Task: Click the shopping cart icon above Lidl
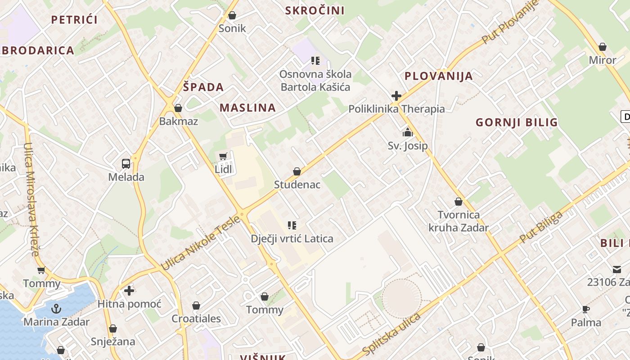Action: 223,157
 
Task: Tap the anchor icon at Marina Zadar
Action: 56,309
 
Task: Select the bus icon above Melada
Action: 126,164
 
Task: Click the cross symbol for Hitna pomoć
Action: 129,291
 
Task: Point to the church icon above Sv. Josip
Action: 408,132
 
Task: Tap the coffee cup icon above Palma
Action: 586,309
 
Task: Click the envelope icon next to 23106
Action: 616,270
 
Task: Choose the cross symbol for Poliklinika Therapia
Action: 396,96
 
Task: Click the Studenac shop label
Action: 297,184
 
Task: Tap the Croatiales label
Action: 196,319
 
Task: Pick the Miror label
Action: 603,60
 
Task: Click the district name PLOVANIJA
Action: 439,76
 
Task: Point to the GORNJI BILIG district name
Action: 517,122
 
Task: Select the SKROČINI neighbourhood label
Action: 315,10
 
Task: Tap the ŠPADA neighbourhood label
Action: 203,87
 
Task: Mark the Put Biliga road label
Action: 541,227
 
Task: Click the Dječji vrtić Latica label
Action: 292,238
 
